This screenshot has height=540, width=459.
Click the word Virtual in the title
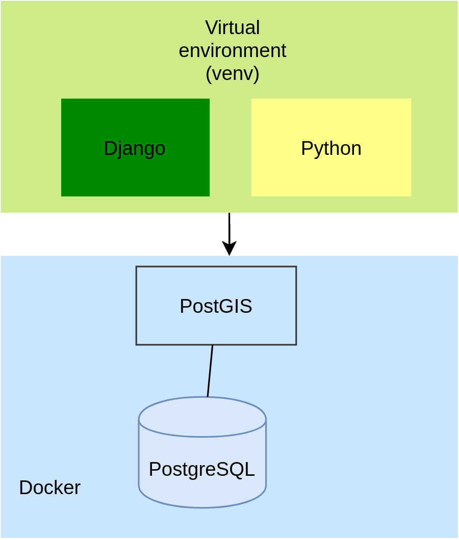coord(232,28)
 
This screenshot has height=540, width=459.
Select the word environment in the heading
coord(232,51)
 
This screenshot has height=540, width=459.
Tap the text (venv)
coord(232,74)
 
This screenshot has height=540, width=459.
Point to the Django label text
coord(135,148)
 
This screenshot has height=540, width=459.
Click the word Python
coord(331,148)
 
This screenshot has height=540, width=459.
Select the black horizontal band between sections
coord(229,234)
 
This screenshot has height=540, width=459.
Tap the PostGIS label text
coord(216,306)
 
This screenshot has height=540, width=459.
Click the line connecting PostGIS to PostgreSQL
coord(210,371)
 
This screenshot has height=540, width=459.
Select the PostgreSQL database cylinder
coord(202,489)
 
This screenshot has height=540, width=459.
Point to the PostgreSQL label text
coord(202,469)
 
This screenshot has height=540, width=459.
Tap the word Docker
coord(49,488)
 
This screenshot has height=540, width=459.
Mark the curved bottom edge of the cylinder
coord(202,507)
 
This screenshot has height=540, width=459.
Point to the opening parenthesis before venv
coord(208,74)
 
